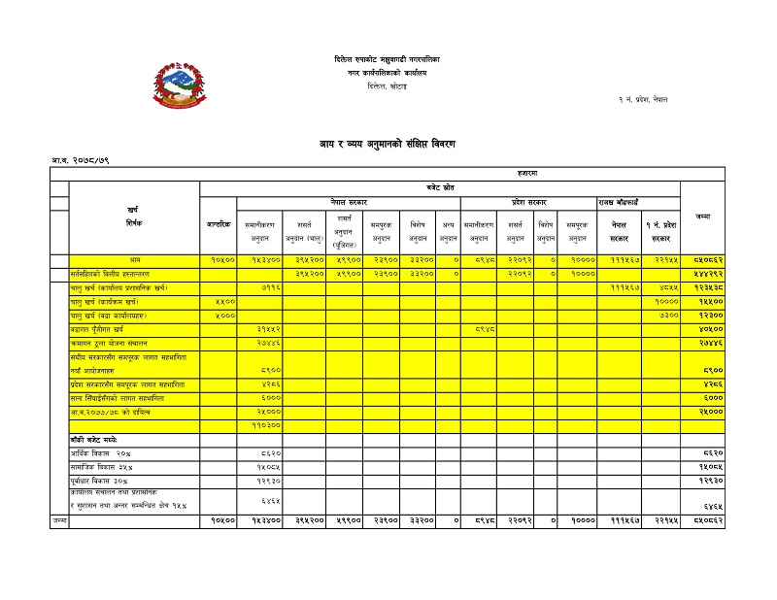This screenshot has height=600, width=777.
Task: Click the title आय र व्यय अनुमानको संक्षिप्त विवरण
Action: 388,144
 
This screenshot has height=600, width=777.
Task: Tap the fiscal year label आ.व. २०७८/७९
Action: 81,159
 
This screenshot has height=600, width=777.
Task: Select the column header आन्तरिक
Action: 219,224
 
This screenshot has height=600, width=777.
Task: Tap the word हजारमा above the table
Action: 530,172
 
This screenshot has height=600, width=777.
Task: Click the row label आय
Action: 135,260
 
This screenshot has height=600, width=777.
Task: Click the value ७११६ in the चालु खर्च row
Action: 271,288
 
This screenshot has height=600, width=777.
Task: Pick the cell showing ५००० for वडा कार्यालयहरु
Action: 222,316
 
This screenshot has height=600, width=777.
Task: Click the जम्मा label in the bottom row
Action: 59,521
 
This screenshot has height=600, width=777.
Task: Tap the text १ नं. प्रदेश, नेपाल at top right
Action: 642,100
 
